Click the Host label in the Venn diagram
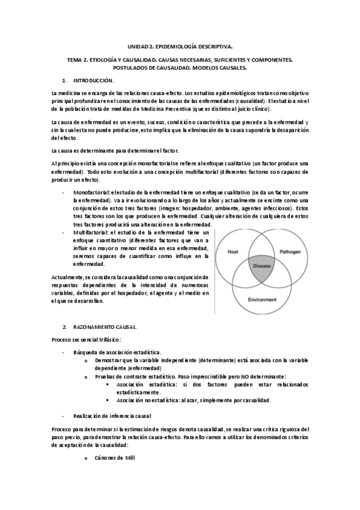(x=233, y=252)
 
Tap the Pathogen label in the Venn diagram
(x=290, y=252)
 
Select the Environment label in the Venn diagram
(x=261, y=299)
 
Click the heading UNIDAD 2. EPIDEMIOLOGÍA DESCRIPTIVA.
(x=180, y=45)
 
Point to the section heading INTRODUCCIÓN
(x=93, y=80)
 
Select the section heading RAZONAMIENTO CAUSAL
(x=105, y=327)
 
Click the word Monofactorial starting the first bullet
(x=88, y=191)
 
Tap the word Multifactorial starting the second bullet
(x=88, y=232)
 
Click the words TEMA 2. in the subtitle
(x=76, y=60)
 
